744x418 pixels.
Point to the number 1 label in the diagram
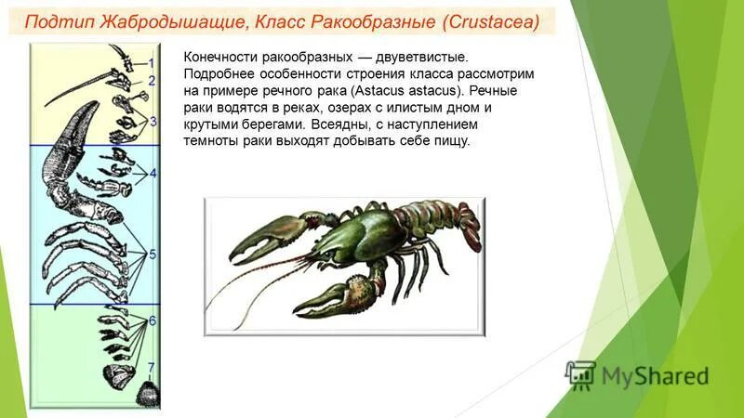click(x=151, y=61)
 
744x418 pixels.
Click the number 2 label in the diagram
click(x=151, y=81)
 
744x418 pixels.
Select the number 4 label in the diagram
click(x=153, y=173)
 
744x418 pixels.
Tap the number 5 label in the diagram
click(x=153, y=253)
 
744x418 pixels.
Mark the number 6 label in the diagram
click(x=153, y=320)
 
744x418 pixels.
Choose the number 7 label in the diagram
click(x=153, y=367)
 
